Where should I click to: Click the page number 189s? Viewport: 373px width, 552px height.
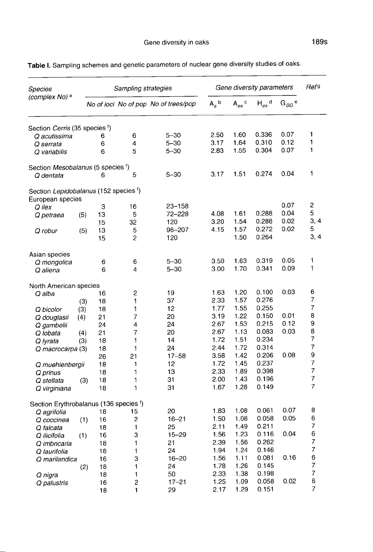pyautogui.click(x=319, y=42)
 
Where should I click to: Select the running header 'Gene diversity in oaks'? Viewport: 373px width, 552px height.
pyautogui.click(x=176, y=42)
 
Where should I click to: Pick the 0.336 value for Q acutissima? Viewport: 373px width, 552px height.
pyautogui.click(x=264, y=136)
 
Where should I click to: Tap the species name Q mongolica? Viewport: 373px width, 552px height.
pyautogui.click(x=54, y=262)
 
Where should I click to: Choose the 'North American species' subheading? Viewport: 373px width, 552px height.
pyautogui.click(x=64, y=286)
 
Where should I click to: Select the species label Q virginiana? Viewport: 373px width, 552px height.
pyautogui.click(x=53, y=389)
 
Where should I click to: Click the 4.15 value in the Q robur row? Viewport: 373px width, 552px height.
pyautogui.click(x=217, y=231)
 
